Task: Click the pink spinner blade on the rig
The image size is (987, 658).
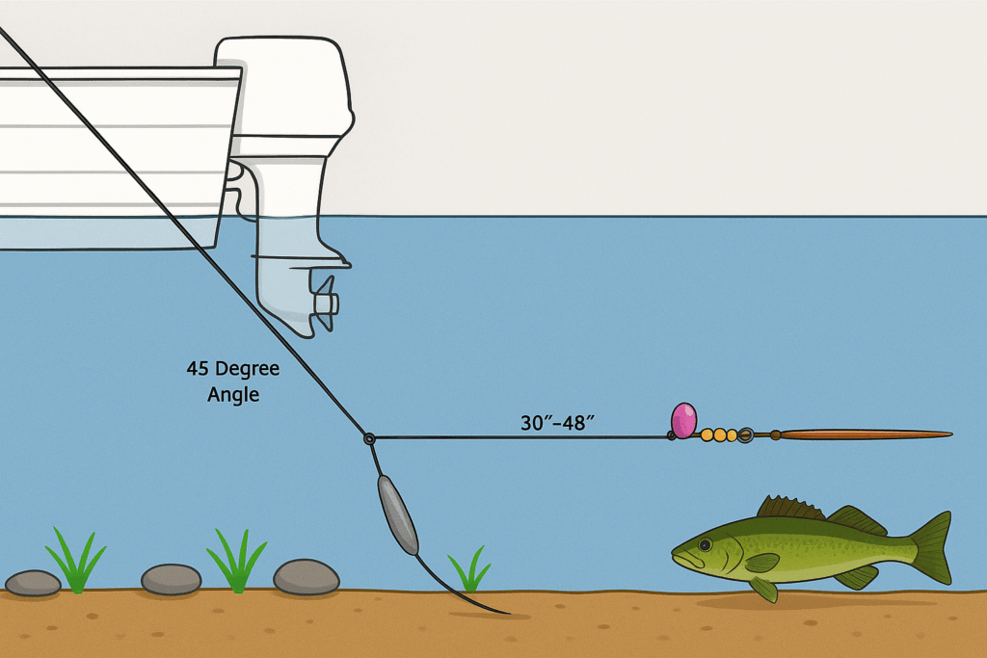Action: click(683, 420)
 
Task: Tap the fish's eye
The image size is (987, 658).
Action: click(705, 545)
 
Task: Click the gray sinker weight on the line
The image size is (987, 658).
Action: click(396, 513)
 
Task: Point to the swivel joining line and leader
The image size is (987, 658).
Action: click(369, 438)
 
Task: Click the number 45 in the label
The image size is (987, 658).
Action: click(197, 369)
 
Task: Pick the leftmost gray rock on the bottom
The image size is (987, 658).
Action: click(33, 582)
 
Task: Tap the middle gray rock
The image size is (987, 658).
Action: click(171, 579)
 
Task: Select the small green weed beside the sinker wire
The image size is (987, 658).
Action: click(469, 570)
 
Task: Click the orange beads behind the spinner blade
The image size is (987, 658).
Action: click(720, 435)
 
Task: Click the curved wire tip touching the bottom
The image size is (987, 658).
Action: click(500, 611)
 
